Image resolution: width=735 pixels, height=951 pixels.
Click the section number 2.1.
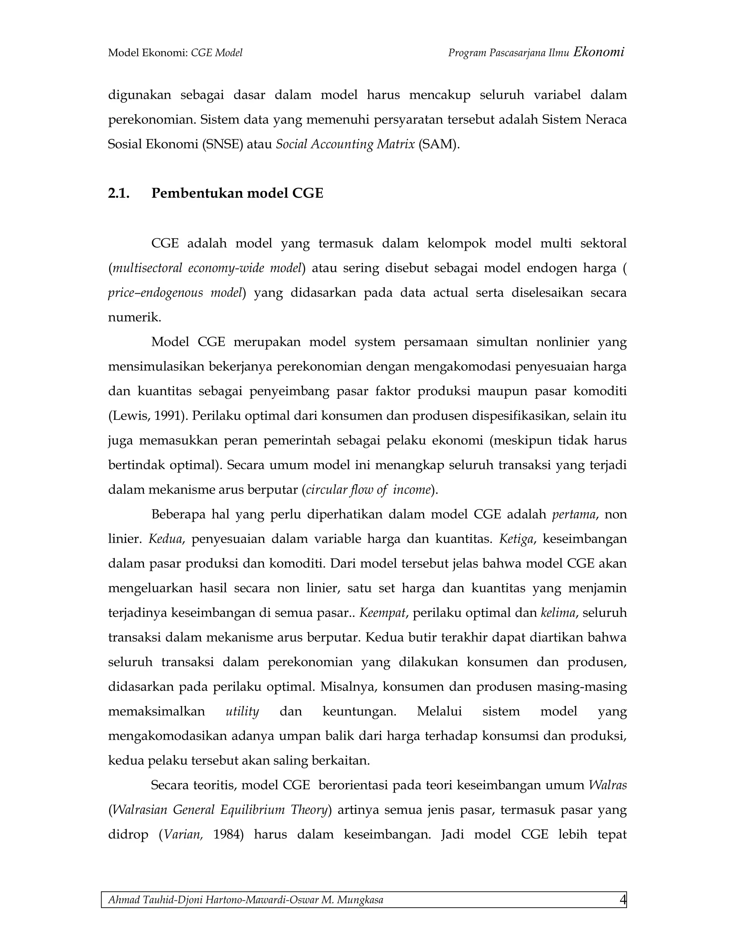[x=118, y=193]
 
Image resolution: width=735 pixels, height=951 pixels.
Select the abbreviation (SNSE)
[x=223, y=144]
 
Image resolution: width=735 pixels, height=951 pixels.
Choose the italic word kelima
[x=558, y=613]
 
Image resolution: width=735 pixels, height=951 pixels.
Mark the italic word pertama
[x=574, y=514]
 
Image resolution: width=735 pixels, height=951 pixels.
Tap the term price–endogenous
[x=155, y=292]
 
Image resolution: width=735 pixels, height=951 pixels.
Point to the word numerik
[x=134, y=317]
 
